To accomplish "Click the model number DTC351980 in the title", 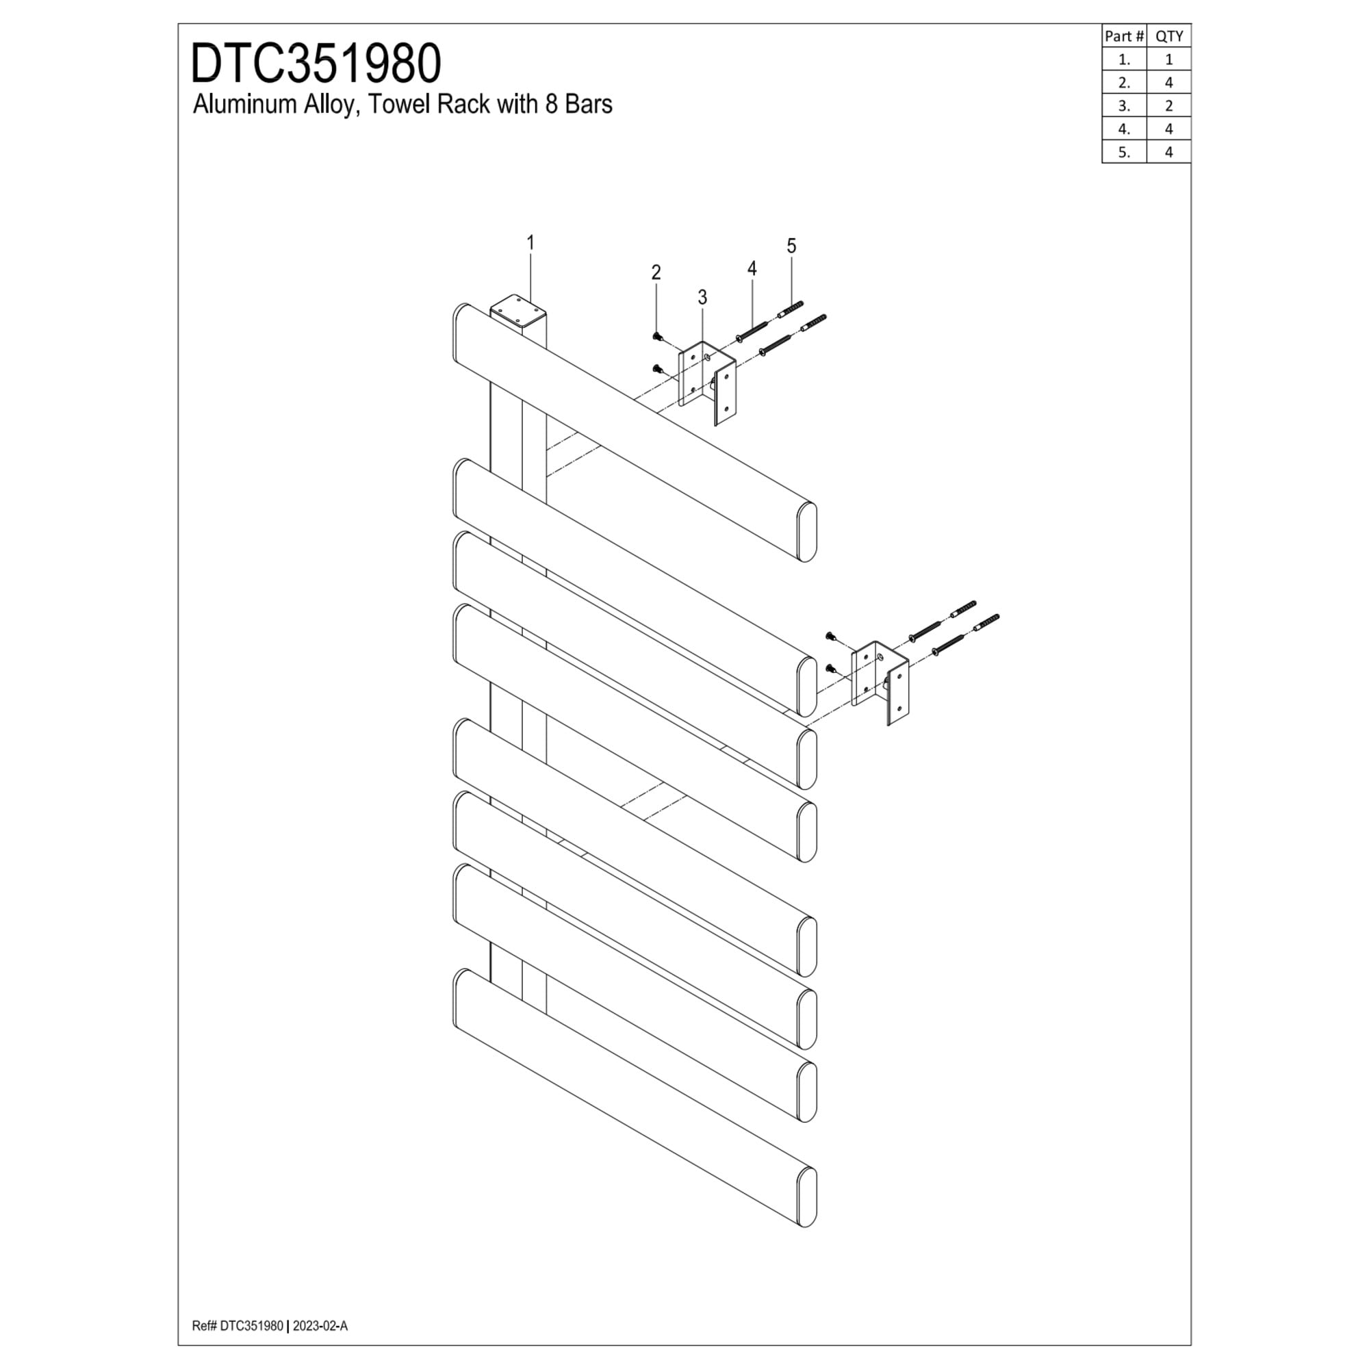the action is pyautogui.click(x=316, y=64).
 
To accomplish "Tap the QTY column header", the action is pyautogui.click(x=1168, y=36).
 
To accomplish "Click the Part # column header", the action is pyautogui.click(x=1124, y=36).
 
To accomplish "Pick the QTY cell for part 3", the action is pyautogui.click(x=1168, y=105).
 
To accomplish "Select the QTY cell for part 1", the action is pyautogui.click(x=1168, y=60).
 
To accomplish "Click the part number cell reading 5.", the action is pyautogui.click(x=1124, y=152).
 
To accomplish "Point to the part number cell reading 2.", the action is pyautogui.click(x=1124, y=82).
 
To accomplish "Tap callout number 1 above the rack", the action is pyautogui.click(x=530, y=243).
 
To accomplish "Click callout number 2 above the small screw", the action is pyautogui.click(x=656, y=272).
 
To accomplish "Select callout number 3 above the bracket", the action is pyautogui.click(x=702, y=298).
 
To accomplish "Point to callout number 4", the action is pyautogui.click(x=752, y=268).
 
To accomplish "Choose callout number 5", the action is pyautogui.click(x=791, y=246).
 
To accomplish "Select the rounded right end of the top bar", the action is pyautogui.click(x=806, y=532).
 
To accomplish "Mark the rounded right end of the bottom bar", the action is pyautogui.click(x=806, y=1197).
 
